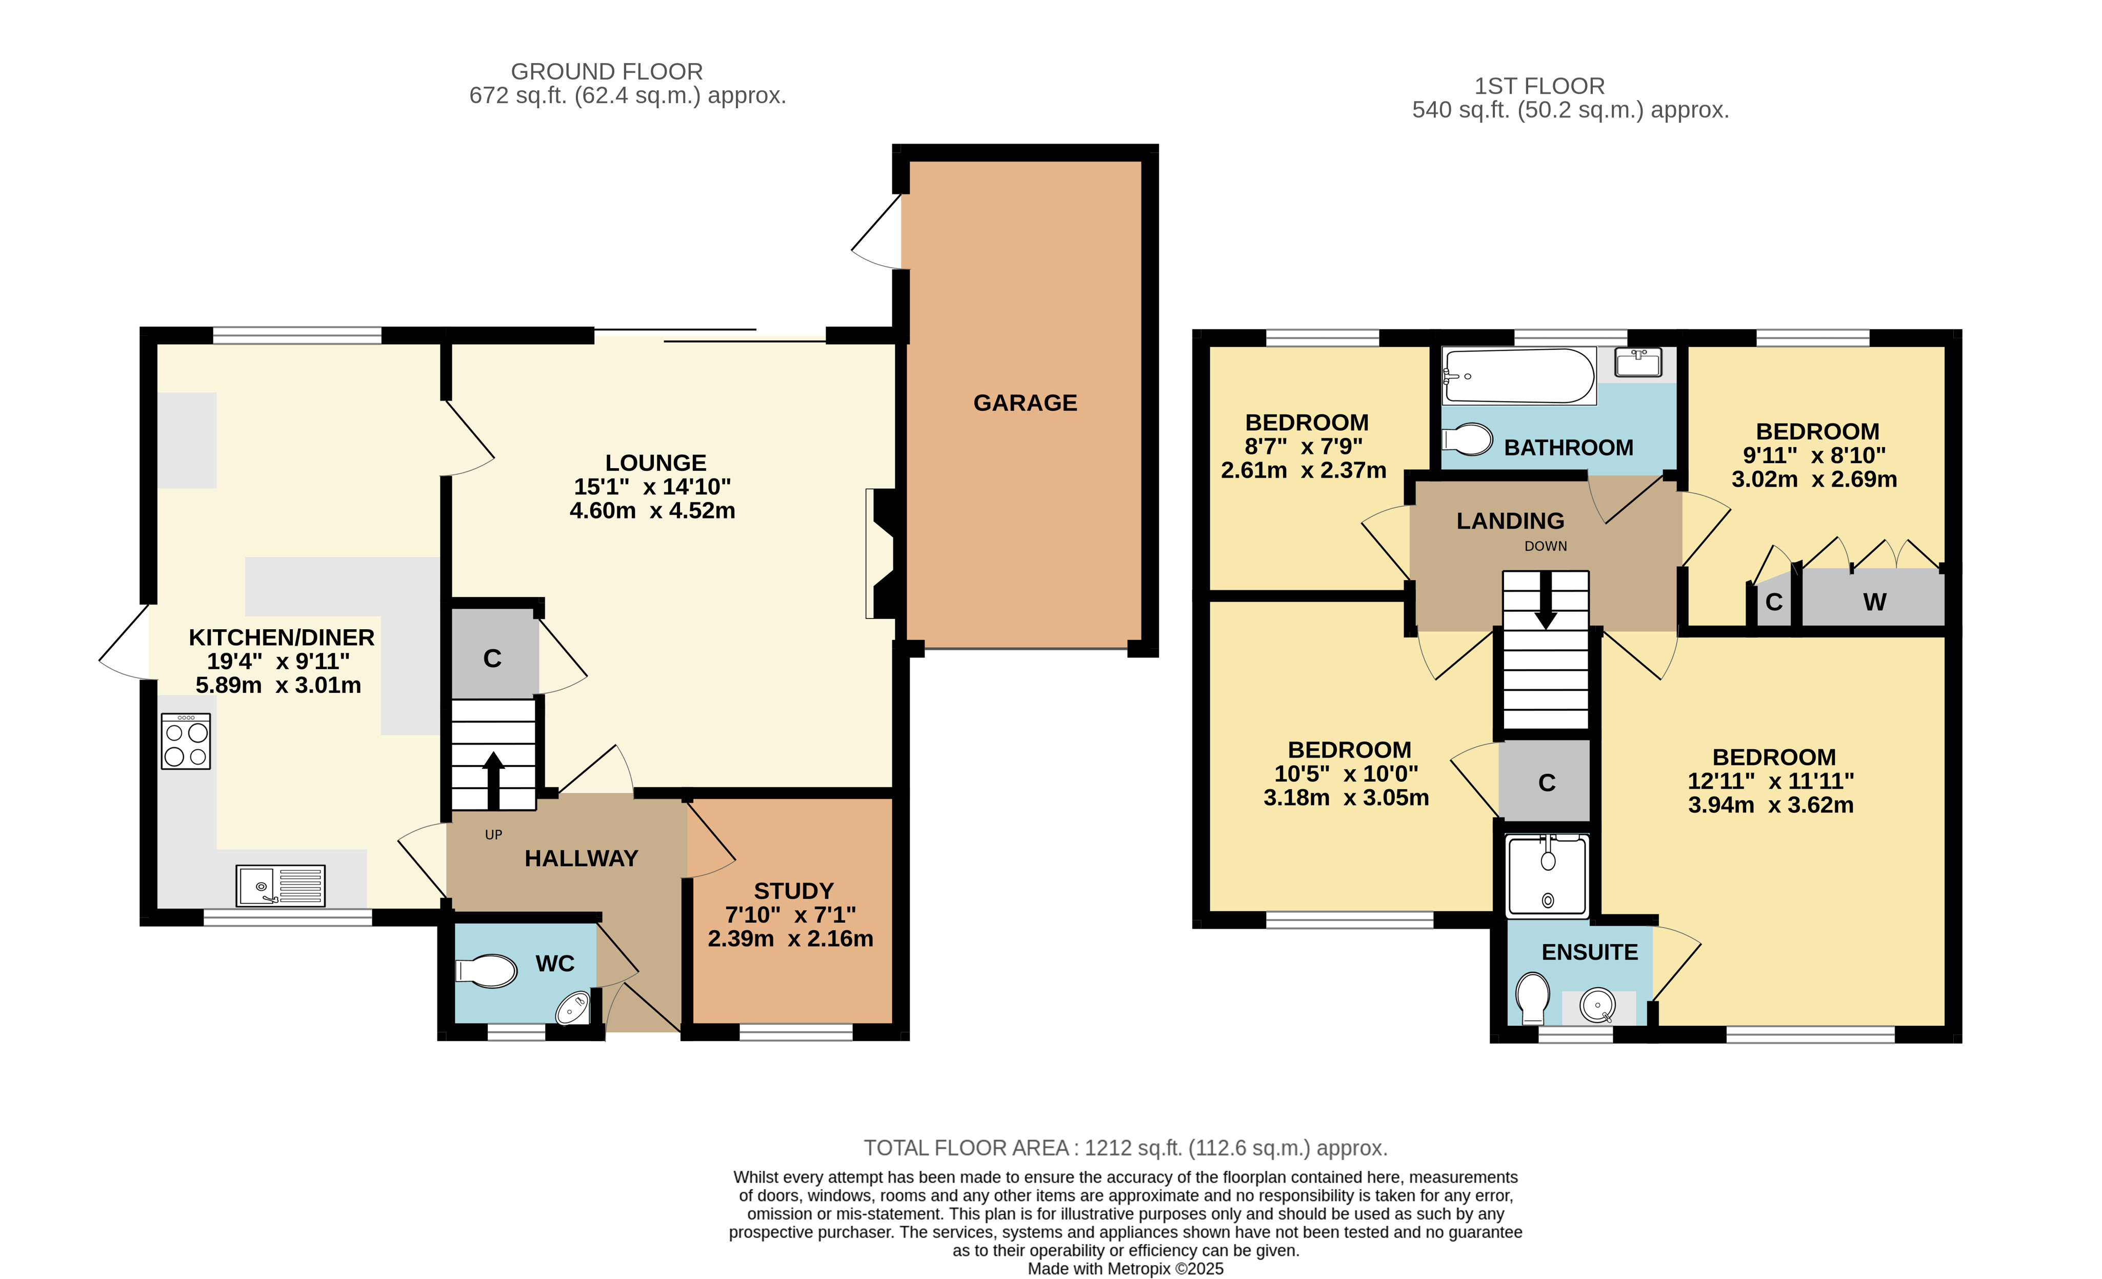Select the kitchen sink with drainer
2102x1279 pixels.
point(281,886)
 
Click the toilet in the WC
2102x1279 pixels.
point(486,971)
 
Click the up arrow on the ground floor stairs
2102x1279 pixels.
point(493,780)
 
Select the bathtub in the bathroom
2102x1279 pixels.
point(1518,375)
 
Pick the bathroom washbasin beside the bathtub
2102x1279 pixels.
point(1638,363)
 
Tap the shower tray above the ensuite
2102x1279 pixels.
point(1548,876)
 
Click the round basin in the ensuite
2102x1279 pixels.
point(1597,1005)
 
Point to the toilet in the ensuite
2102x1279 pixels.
point(1533,997)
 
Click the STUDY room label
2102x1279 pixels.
point(793,891)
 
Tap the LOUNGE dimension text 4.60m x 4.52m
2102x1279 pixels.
point(653,510)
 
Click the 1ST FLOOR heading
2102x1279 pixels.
point(1540,86)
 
